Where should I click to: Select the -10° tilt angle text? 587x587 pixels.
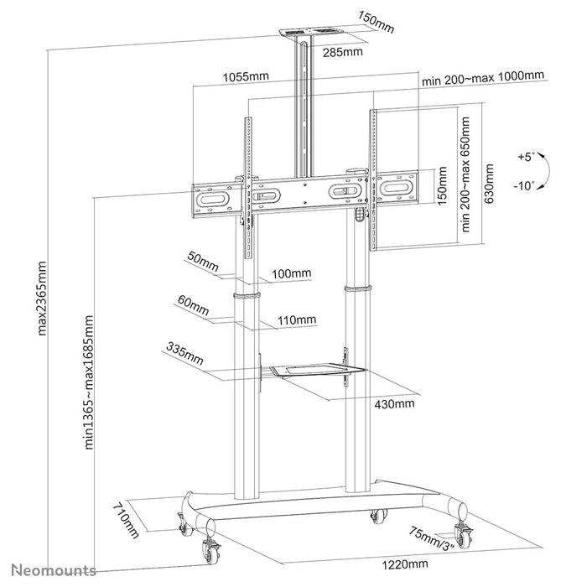(x=524, y=186)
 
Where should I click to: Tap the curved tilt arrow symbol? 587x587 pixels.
(x=545, y=171)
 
